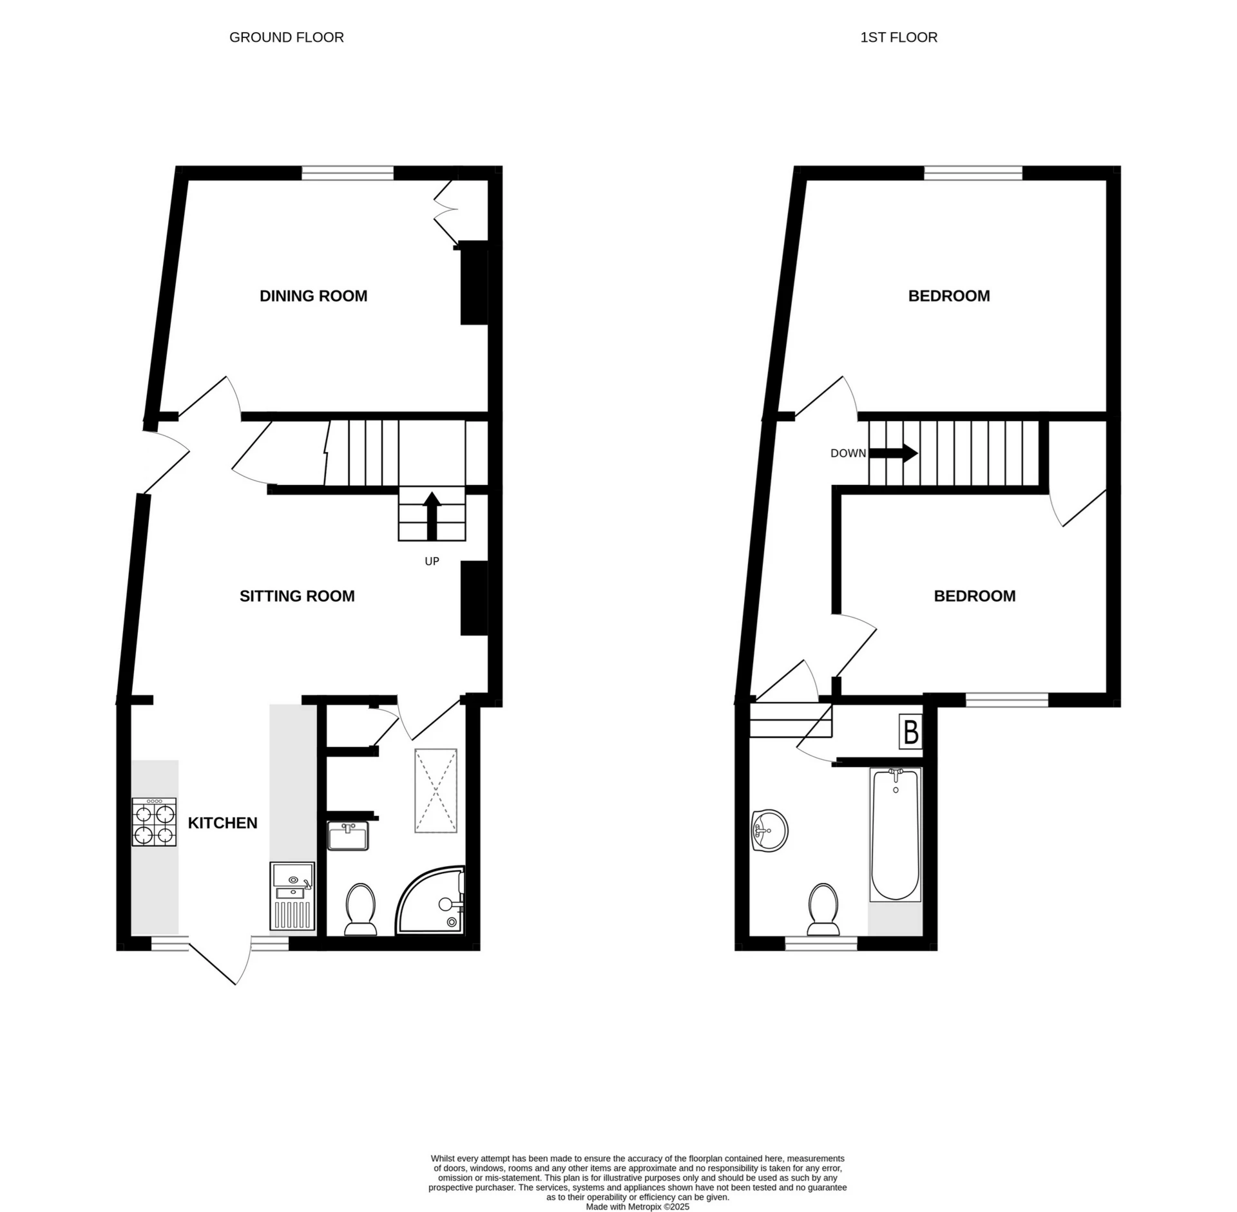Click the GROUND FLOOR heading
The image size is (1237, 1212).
286,37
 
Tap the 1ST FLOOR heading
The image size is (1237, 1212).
898,37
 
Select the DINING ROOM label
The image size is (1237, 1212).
313,296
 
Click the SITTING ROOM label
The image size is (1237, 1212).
297,596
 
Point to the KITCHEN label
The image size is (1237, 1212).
222,823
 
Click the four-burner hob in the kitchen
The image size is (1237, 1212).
155,822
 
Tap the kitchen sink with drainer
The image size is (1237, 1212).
292,896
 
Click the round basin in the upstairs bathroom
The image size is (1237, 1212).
769,831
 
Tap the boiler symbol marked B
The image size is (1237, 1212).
911,732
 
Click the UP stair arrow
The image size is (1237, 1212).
432,516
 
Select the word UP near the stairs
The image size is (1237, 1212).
432,562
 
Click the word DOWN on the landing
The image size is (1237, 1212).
848,453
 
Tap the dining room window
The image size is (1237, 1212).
348,173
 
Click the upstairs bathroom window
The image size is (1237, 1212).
821,944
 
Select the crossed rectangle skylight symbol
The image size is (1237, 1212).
436,790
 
